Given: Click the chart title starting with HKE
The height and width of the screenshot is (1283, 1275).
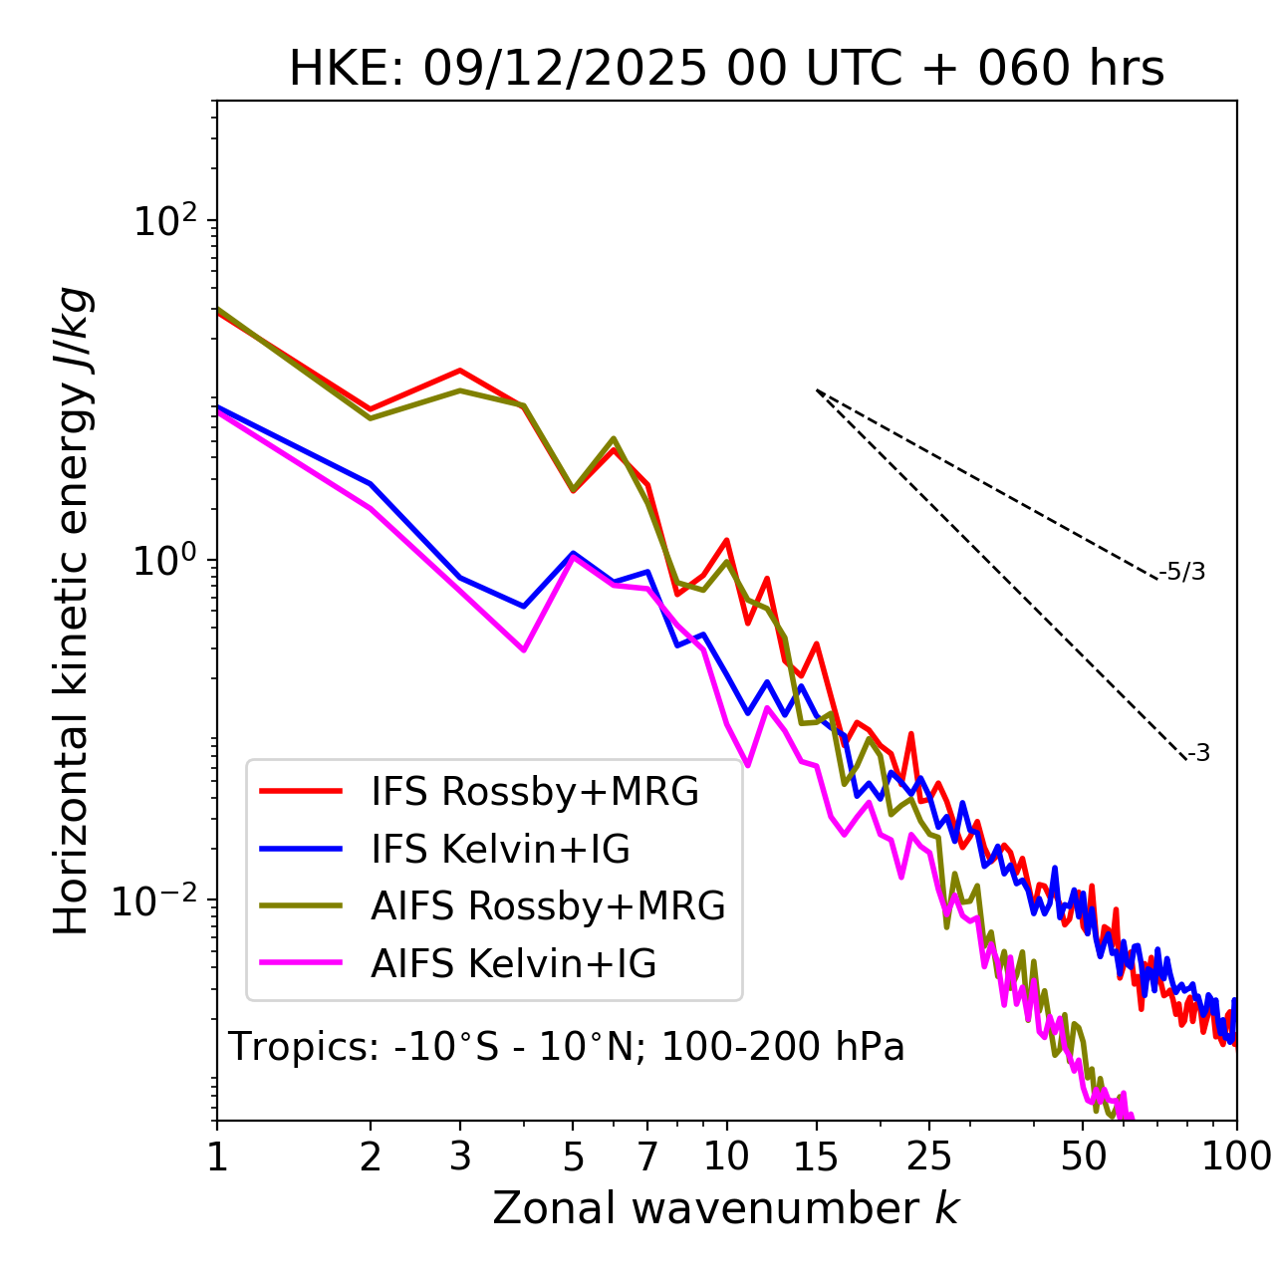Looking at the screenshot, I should click(x=726, y=70).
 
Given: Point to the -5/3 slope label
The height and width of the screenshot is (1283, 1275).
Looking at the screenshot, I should click(x=1182, y=572).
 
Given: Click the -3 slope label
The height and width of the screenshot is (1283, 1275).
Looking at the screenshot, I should click(x=1199, y=754).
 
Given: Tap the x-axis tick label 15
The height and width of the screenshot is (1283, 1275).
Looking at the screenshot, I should click(x=816, y=1156).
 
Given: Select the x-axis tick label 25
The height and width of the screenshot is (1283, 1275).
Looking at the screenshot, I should click(x=929, y=1156).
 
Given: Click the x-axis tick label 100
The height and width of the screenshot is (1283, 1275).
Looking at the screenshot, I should click(x=1235, y=1156).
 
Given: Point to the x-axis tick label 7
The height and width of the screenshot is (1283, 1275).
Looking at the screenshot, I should click(x=647, y=1156).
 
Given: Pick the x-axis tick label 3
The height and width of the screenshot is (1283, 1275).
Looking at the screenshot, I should click(x=460, y=1156).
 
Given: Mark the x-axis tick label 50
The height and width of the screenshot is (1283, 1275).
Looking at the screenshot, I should click(x=1083, y=1156).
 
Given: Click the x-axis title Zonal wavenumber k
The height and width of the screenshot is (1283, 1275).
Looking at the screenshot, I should click(x=726, y=1208).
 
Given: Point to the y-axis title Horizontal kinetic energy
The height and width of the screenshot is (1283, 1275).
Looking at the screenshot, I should click(x=72, y=611).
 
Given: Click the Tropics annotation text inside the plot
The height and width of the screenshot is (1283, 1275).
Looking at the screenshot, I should click(x=567, y=1048).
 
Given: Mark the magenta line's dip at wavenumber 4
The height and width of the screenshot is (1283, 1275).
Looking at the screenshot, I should click(x=524, y=649).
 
